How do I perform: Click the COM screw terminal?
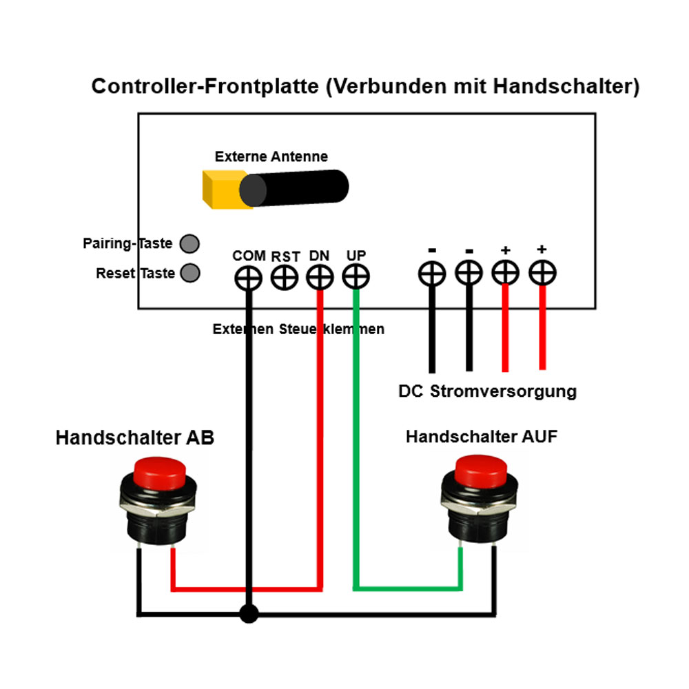[248, 278]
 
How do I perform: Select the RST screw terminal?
[284, 278]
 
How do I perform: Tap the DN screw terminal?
[320, 278]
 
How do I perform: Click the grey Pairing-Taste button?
[189, 244]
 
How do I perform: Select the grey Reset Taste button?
[189, 273]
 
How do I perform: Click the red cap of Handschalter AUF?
[482, 471]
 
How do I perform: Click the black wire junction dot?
[248, 613]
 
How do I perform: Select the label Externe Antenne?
[271, 156]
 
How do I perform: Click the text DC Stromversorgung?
[487, 392]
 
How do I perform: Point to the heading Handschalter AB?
[135, 438]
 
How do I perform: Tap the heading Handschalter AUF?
[481, 437]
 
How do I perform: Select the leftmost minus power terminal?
[431, 274]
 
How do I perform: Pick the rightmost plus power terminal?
[542, 273]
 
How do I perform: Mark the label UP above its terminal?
[356, 256]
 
